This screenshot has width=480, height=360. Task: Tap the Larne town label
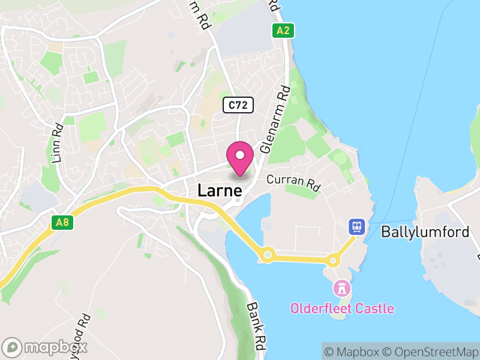pyautogui.click(x=220, y=191)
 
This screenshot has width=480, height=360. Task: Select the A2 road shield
pyautogui.click(x=283, y=31)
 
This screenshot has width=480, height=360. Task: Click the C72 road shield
pyautogui.click(x=239, y=106)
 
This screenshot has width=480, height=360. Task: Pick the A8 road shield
pyautogui.click(x=62, y=223)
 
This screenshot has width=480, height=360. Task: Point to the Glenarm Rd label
pyautogui.click(x=275, y=119)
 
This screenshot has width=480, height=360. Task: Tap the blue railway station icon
pyautogui.click(x=358, y=226)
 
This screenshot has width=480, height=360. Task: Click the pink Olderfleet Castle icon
pyautogui.click(x=342, y=289)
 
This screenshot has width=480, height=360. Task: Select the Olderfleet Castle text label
pyautogui.click(x=342, y=309)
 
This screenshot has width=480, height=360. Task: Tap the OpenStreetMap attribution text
pyautogui.click(x=428, y=352)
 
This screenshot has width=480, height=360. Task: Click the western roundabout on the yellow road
pyautogui.click(x=268, y=255)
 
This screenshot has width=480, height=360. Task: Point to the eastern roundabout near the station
pyautogui.click(x=332, y=260)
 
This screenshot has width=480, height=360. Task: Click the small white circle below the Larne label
pyautogui.click(x=238, y=201)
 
